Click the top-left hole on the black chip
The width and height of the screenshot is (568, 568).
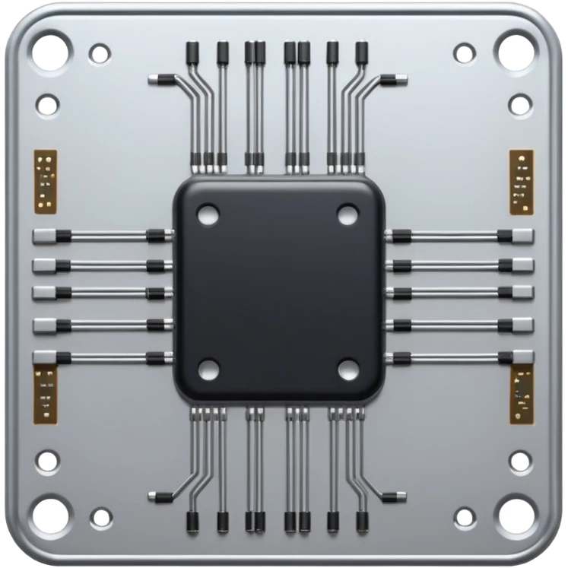[x=207, y=214]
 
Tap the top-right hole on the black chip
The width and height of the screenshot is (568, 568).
[x=347, y=214]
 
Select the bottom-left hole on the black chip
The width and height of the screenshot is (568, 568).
[x=208, y=370]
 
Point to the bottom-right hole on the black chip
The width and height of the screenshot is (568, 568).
[x=348, y=370]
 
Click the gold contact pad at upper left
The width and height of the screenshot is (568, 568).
[x=45, y=181]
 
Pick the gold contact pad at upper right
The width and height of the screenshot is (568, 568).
[x=521, y=181]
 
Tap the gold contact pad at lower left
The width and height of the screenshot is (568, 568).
[x=45, y=392]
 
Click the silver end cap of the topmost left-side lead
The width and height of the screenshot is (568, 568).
[x=44, y=236]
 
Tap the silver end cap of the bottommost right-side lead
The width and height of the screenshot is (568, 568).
[x=523, y=357]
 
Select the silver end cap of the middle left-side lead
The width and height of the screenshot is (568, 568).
[x=44, y=293]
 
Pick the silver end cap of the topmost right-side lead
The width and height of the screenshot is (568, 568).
[x=523, y=236]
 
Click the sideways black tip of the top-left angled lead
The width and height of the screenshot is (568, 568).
[x=160, y=78]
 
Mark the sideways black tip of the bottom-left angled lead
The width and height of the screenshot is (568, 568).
[x=160, y=497]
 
